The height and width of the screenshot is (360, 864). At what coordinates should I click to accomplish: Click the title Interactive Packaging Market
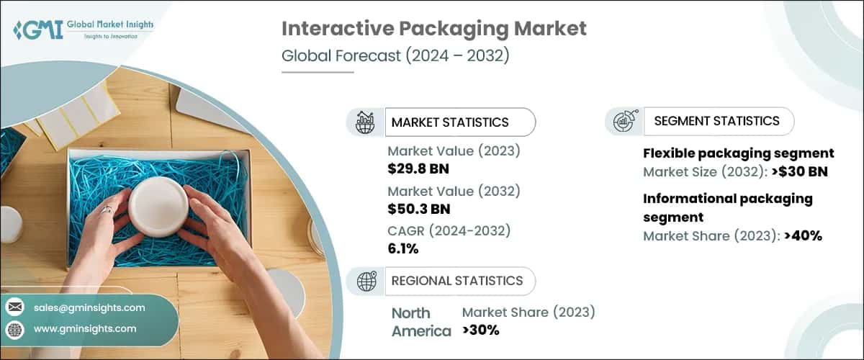pyautogui.click(x=433, y=29)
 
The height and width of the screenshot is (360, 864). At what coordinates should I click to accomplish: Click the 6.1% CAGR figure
pyautogui.click(x=403, y=248)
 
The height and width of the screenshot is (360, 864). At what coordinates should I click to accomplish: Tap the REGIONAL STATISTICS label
pyautogui.click(x=456, y=281)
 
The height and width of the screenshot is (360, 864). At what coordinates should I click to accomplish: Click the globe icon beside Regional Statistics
pyautogui.click(x=366, y=282)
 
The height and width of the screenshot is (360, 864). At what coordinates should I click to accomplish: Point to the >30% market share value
pyautogui.click(x=480, y=330)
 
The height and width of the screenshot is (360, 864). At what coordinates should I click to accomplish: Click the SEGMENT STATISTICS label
pyautogui.click(x=716, y=121)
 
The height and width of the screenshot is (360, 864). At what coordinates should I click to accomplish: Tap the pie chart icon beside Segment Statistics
pyautogui.click(x=624, y=122)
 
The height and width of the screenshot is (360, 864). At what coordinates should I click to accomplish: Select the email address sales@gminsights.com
pyautogui.click(x=89, y=307)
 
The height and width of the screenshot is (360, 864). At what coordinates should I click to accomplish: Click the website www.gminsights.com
pyautogui.click(x=85, y=328)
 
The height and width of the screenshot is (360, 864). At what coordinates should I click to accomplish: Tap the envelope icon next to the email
pyautogui.click(x=15, y=307)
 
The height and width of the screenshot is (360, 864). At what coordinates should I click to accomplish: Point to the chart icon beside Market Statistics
pyautogui.click(x=366, y=122)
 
